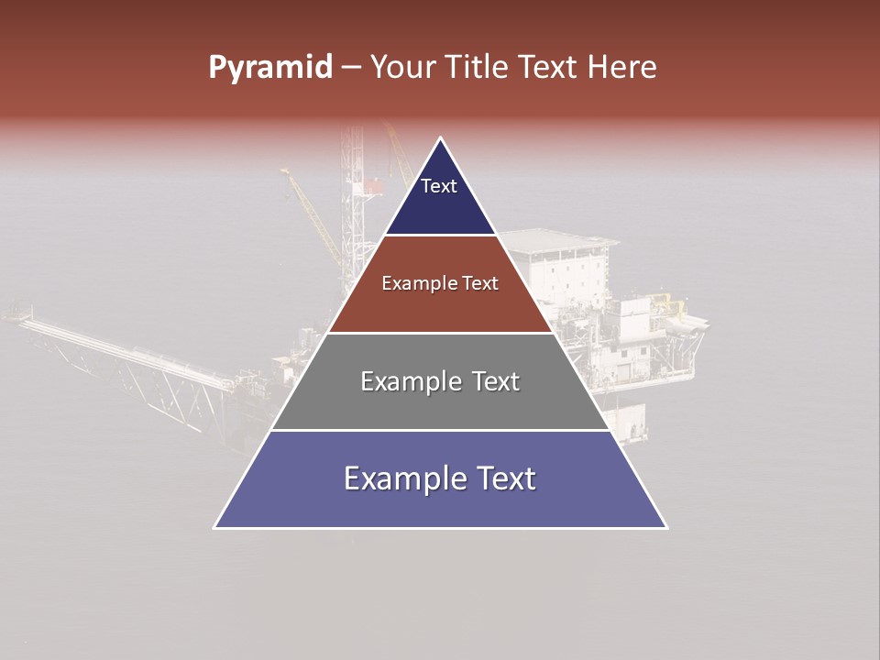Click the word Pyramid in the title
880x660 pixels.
(x=269, y=68)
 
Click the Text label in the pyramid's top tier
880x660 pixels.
(x=438, y=186)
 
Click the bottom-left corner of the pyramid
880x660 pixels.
(x=214, y=528)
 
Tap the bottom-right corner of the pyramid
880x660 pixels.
(x=666, y=528)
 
